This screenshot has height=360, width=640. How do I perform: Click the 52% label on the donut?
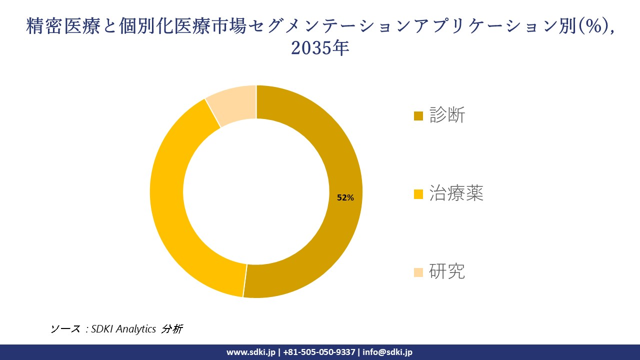pyautogui.click(x=345, y=197)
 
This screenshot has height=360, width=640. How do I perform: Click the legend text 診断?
pyautogui.click(x=447, y=115)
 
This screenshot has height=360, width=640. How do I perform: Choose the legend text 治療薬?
pyautogui.click(x=456, y=194)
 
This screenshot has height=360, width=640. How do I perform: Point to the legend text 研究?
pyautogui.click(x=447, y=271)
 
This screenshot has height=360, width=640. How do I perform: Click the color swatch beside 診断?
pyautogui.click(x=418, y=116)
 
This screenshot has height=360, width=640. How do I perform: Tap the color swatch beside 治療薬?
pyautogui.click(x=418, y=194)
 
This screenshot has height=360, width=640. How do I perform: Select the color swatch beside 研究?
pyautogui.click(x=418, y=272)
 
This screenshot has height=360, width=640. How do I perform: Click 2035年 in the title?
pyautogui.click(x=320, y=48)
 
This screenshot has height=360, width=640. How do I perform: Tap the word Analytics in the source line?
pyautogui.click(x=136, y=329)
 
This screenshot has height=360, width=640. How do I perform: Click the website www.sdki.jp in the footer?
pyautogui.click(x=250, y=352)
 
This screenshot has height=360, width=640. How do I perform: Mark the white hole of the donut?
pyautogui.click(x=256, y=191)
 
